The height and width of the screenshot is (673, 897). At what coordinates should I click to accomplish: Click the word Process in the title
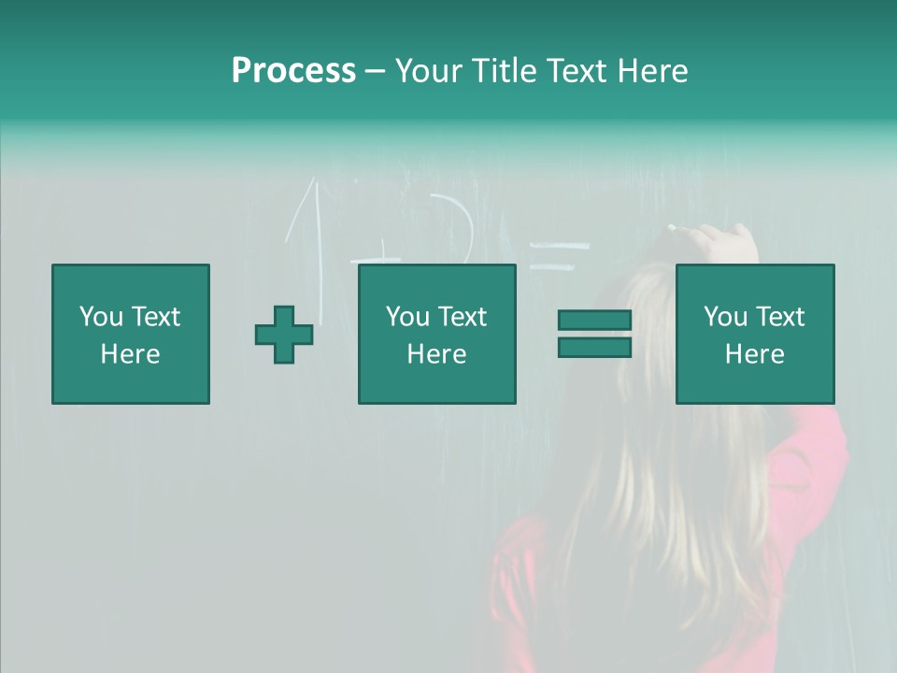(293, 71)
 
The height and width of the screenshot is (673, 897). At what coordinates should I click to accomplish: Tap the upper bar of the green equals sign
(594, 320)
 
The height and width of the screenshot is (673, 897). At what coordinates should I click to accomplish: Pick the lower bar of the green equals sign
(594, 348)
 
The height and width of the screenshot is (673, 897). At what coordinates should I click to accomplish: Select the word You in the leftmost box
(100, 317)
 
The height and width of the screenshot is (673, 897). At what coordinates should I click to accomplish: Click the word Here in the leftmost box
(131, 354)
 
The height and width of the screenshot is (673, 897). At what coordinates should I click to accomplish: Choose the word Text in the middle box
(463, 317)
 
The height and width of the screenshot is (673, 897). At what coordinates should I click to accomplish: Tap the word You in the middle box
(407, 317)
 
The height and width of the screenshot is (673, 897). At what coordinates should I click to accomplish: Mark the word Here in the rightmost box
(755, 354)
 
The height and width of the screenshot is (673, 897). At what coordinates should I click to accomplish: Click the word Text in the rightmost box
(780, 317)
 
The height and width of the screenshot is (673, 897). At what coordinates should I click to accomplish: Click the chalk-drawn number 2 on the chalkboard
(455, 229)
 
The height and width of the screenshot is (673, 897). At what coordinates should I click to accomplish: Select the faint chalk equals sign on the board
(559, 256)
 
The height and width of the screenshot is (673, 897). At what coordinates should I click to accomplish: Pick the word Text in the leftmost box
(155, 317)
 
